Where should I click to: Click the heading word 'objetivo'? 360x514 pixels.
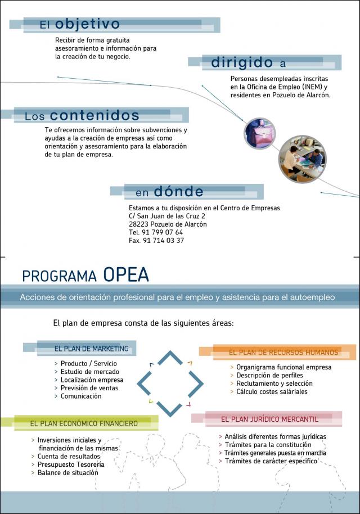[87, 24]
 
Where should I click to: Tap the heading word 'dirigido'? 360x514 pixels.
[242, 62]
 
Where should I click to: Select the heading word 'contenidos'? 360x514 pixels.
[94, 116]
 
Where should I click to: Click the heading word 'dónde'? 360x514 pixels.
[178, 192]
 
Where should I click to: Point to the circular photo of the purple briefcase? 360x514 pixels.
[259, 133]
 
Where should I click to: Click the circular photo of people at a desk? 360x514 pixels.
[302, 159]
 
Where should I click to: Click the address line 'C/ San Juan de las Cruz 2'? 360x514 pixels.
[166, 216]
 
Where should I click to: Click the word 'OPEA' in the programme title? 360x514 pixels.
[126, 275]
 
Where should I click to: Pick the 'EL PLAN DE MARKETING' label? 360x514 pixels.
[91, 349]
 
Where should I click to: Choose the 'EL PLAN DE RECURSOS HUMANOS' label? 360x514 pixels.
[283, 353]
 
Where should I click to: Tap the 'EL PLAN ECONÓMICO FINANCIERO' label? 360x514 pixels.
[84, 423]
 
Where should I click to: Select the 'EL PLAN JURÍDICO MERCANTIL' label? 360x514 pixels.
[269, 420]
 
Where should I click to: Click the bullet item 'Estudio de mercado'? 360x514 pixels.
[89, 372]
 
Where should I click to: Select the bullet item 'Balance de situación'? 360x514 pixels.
[67, 473]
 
